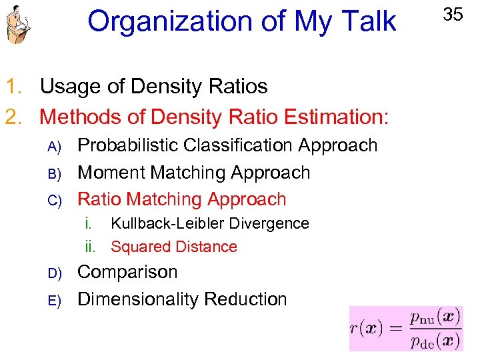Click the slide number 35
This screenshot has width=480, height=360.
click(453, 14)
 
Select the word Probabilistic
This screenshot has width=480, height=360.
click(129, 145)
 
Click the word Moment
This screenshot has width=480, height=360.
click(111, 172)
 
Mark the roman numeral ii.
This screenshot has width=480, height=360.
click(91, 247)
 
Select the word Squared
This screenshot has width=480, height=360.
click(138, 247)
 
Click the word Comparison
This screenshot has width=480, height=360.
click(128, 272)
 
